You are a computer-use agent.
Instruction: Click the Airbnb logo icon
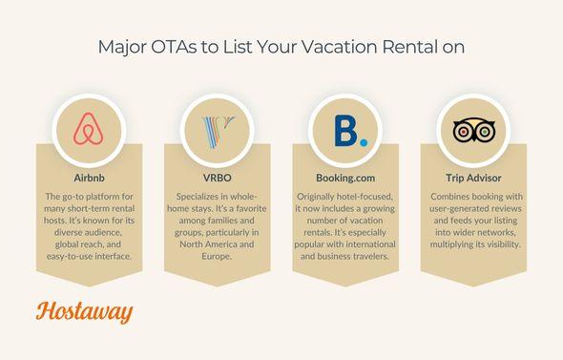point(88,132)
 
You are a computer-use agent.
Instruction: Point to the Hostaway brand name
point(84,312)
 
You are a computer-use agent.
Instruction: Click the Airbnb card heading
point(88,178)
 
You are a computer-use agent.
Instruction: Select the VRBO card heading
point(215,178)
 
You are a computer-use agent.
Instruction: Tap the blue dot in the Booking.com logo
point(362,143)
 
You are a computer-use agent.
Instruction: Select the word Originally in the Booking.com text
point(320,196)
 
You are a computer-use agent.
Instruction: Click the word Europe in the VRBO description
point(215,258)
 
